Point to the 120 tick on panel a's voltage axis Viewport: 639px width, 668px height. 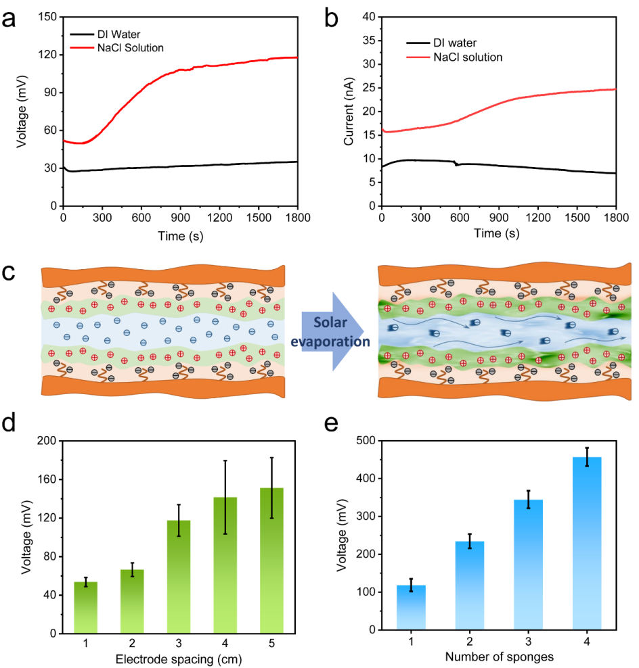click(47, 55)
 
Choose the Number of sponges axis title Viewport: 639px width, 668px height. click(499, 657)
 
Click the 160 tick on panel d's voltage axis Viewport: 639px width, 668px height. click(45, 479)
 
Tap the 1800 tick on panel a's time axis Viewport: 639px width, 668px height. click(298, 218)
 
